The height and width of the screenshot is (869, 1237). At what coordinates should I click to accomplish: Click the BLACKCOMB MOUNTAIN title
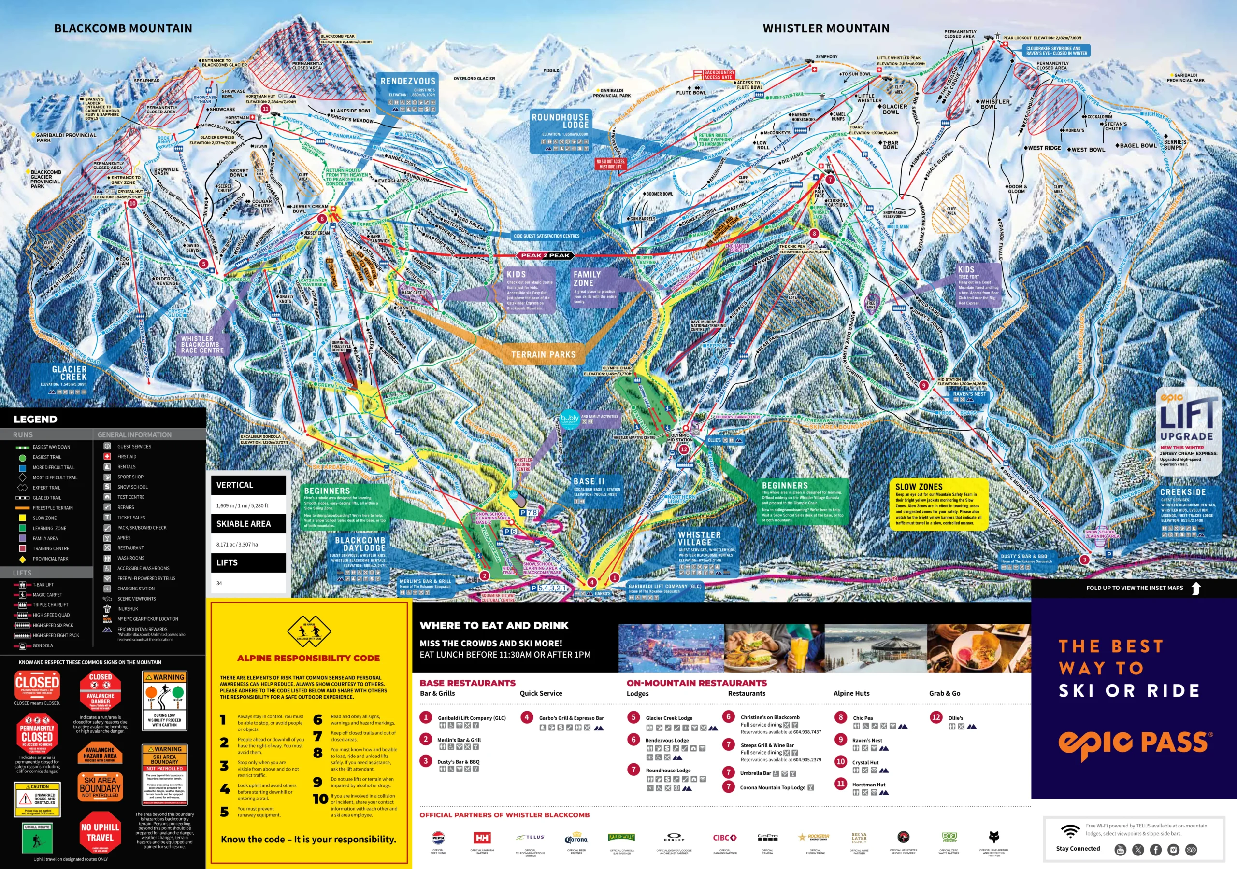pos(123,28)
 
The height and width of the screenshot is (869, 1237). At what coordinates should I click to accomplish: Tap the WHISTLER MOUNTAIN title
pos(825,28)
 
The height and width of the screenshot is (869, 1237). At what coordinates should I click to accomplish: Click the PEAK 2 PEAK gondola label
pos(545,255)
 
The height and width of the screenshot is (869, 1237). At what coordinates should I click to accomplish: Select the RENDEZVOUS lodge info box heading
pos(407,81)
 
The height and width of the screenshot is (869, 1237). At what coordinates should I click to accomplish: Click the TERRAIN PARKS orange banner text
pos(543,354)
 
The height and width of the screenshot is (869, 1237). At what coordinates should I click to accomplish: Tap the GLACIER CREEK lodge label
pos(69,373)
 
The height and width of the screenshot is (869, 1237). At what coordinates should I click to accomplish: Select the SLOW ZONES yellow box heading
pos(919,486)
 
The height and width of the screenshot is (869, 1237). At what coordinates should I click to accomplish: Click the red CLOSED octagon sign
pos(37,685)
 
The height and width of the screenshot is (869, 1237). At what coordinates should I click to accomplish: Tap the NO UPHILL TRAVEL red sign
pos(100,832)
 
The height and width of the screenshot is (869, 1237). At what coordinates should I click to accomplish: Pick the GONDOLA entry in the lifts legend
pos(43,645)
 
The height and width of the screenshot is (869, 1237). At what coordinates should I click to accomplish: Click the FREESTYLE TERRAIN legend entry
pos(52,508)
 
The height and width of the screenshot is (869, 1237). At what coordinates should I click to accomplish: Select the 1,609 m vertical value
pos(242,505)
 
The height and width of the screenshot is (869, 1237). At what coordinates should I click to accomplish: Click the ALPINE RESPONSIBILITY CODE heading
pos(308,658)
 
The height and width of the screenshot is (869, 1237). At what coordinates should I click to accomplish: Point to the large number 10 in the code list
pos(320,799)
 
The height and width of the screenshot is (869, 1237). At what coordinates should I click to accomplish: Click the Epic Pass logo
pos(1134,743)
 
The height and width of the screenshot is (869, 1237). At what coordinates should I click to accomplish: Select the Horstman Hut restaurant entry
pos(868,785)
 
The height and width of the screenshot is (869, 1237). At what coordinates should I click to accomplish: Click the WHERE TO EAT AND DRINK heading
pos(493,625)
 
